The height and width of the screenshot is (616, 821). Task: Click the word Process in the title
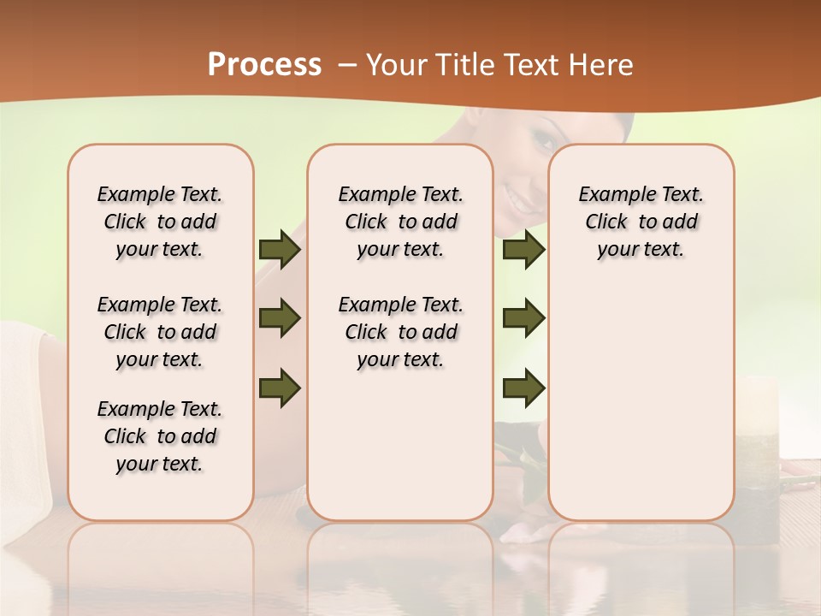click(264, 65)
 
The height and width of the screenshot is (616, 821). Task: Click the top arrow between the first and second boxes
click(280, 249)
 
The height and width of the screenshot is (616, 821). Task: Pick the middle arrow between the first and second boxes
click(280, 318)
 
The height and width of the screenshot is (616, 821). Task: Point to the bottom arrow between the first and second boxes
click(280, 387)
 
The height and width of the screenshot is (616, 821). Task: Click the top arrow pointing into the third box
click(524, 249)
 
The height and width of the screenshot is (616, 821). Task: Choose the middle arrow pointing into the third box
click(524, 318)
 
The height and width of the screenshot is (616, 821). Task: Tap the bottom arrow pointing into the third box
click(524, 387)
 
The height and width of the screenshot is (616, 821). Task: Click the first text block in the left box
click(160, 222)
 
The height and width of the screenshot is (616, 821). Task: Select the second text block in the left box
click(160, 332)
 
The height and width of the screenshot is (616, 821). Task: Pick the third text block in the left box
click(160, 436)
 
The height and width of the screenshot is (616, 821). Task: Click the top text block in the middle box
click(401, 222)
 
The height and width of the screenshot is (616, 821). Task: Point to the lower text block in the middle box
click(401, 332)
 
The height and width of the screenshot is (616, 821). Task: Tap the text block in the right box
click(641, 222)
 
